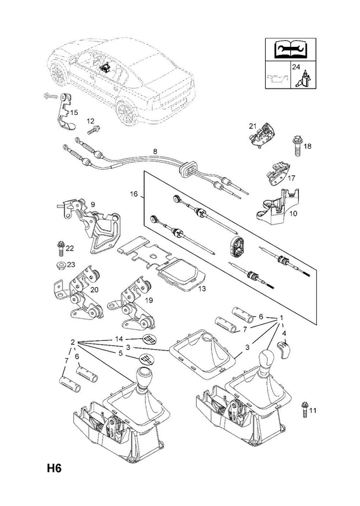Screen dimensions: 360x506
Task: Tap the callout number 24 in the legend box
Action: coord(296,67)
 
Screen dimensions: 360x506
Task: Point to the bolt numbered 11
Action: coord(304,409)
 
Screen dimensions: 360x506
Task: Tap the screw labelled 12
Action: coord(94,131)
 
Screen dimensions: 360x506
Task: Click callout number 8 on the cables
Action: coord(155,151)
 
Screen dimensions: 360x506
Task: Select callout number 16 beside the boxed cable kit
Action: coord(133,194)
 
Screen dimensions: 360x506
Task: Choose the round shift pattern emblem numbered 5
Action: coord(146,359)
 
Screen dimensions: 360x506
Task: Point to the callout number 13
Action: coord(201,289)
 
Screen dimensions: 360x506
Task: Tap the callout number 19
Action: coord(149,300)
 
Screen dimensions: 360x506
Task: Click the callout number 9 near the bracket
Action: coord(92,204)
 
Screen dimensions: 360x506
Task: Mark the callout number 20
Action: coord(94,290)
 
